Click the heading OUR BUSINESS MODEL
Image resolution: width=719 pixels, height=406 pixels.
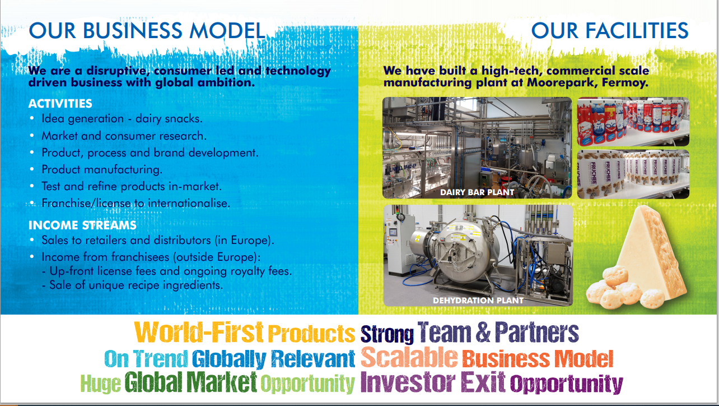tap(147, 30)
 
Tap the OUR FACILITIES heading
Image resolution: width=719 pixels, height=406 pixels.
tap(610, 30)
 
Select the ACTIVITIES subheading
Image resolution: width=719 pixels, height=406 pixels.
tap(60, 104)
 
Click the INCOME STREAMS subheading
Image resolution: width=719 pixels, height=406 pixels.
tap(82, 225)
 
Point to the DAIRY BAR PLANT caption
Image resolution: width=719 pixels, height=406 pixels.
tap(477, 192)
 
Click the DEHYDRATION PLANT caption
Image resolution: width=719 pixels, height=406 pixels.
tap(478, 301)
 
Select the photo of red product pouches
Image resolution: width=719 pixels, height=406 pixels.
tap(633, 122)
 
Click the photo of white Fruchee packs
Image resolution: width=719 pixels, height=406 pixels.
tap(633, 174)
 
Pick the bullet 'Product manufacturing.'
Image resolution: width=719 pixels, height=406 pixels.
tap(102, 169)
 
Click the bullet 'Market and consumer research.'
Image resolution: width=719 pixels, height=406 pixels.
tap(124, 136)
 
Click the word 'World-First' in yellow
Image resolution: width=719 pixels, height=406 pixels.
tap(199, 332)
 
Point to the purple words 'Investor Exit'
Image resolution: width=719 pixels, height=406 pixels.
tap(433, 382)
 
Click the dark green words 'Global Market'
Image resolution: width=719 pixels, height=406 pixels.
tap(190, 382)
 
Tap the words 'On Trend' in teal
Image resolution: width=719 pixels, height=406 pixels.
tap(146, 358)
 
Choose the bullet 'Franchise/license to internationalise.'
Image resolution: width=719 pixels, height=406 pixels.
tap(136, 203)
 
